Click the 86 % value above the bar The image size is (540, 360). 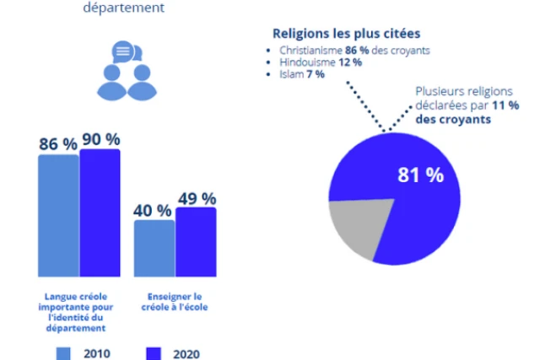(x=59, y=143)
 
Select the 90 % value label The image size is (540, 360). (x=100, y=138)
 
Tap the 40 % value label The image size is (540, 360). (x=154, y=210)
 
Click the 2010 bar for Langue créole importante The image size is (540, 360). (x=59, y=215)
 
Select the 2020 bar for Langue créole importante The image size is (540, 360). (x=100, y=212)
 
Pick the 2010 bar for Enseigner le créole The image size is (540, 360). (x=154, y=247)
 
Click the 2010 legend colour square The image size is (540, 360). (x=63, y=353)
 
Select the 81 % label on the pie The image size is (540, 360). (x=420, y=175)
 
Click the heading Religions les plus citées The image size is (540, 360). (x=345, y=34)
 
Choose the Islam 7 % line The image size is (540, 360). (x=302, y=74)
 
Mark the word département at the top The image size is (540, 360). (x=122, y=8)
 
